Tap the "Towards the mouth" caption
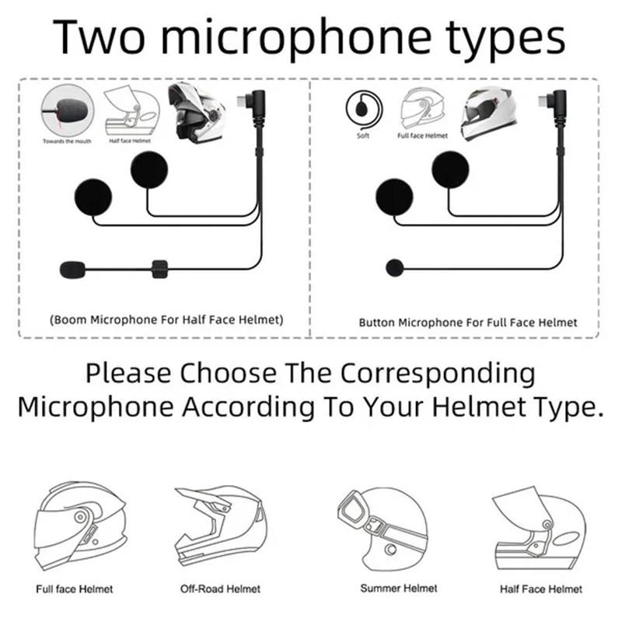66,141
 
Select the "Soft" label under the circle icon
363,135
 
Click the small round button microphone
394,268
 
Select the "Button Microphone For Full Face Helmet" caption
468,322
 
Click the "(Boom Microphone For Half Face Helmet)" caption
165,320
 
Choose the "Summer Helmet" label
400,589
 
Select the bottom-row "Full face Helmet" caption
75,589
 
